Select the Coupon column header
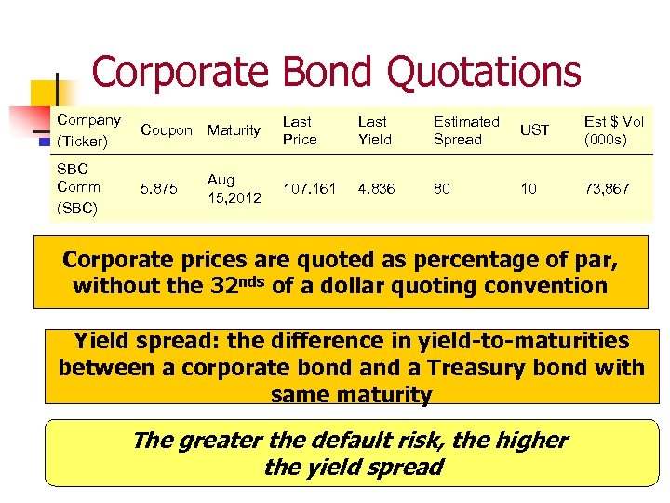[166, 130]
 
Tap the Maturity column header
[234, 130]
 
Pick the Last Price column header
[299, 130]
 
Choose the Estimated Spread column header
[466, 130]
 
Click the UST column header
[534, 130]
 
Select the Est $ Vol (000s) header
[613, 130]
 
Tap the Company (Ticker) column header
[88, 130]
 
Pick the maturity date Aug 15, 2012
[234, 188]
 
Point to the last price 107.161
[309, 188]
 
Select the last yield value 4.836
[377, 188]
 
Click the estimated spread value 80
[442, 188]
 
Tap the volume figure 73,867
[607, 188]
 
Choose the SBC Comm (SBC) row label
[79, 188]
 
